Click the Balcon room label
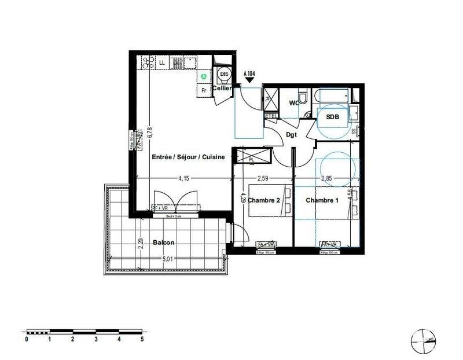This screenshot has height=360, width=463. (x=164, y=243)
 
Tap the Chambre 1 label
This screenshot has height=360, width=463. (x=322, y=200)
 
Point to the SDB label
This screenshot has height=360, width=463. (x=333, y=116)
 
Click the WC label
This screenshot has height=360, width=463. (x=294, y=103)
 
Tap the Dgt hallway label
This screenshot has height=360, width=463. (x=292, y=135)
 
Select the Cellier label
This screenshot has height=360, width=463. (x=222, y=89)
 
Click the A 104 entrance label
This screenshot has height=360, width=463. (x=250, y=74)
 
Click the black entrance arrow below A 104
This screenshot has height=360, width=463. (x=250, y=81)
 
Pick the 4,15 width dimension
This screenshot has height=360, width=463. (x=183, y=178)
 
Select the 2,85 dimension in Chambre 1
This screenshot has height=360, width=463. (x=326, y=178)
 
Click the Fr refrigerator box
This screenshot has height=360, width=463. (x=203, y=90)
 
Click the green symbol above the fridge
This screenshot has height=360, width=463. (x=203, y=76)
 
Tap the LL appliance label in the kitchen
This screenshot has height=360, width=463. (x=161, y=62)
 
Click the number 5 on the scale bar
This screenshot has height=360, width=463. (x=142, y=340)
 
